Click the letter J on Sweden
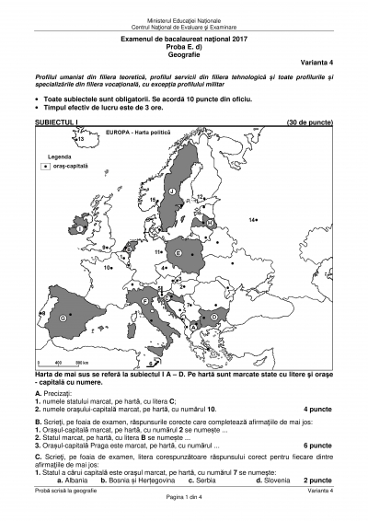pos(172,191)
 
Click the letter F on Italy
pos(145,301)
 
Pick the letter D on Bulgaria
pos(213,316)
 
